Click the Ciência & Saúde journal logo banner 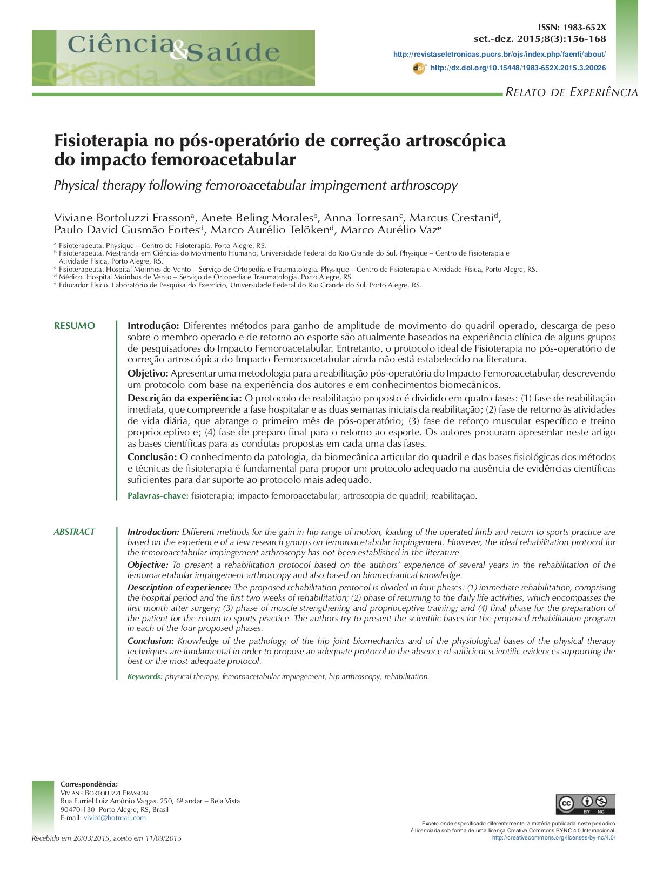pos(173,58)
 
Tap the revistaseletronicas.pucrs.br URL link pos(499,54)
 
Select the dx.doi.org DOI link pos(518,68)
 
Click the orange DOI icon pos(419,68)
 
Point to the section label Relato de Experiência pos(571,92)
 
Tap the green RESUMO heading pos(75,326)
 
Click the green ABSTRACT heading pos(74,532)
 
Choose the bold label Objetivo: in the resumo pos(148,373)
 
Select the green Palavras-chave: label pos(158,495)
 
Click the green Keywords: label pos(145,676)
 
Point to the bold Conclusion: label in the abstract pos(150,641)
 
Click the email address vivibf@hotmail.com pos(115,817)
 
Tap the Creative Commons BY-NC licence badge pos(585,804)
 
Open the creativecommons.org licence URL pos(553,837)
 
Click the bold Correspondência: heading pos(89,784)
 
